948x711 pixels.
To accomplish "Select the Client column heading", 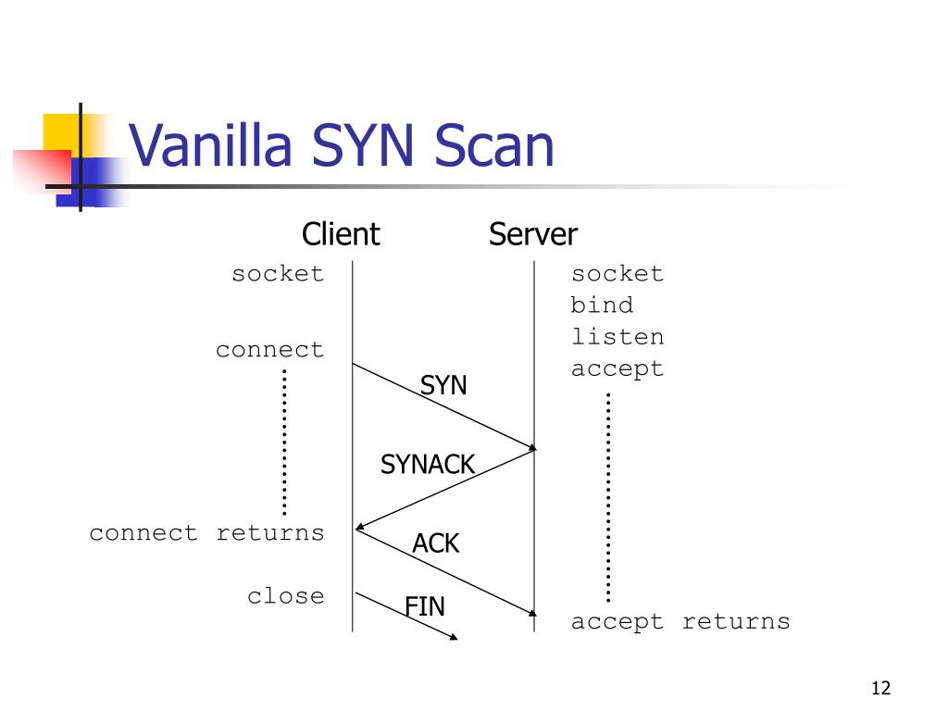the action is [x=341, y=234].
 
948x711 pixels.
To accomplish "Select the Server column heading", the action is [x=532, y=234].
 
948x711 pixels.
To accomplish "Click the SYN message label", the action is [x=443, y=385].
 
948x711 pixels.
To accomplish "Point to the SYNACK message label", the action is [x=428, y=465].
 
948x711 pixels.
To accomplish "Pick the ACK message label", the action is [x=435, y=543].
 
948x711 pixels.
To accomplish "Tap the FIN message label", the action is [x=424, y=606].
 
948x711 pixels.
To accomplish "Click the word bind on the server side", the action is [x=602, y=304].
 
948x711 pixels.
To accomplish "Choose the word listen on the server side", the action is [x=617, y=336].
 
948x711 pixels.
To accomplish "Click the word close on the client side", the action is [x=285, y=595].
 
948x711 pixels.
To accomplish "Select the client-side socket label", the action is [x=278, y=273].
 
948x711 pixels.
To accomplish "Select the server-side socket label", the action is [x=617, y=273].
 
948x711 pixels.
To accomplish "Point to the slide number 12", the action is [x=881, y=688].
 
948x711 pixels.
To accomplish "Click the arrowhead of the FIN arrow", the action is [x=454, y=637].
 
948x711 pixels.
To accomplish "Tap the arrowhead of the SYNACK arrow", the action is [x=360, y=527].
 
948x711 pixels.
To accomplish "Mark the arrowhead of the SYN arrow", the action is [x=532, y=447].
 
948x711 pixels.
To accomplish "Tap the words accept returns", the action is [x=680, y=621].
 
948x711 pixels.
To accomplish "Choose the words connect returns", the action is [x=206, y=532].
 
